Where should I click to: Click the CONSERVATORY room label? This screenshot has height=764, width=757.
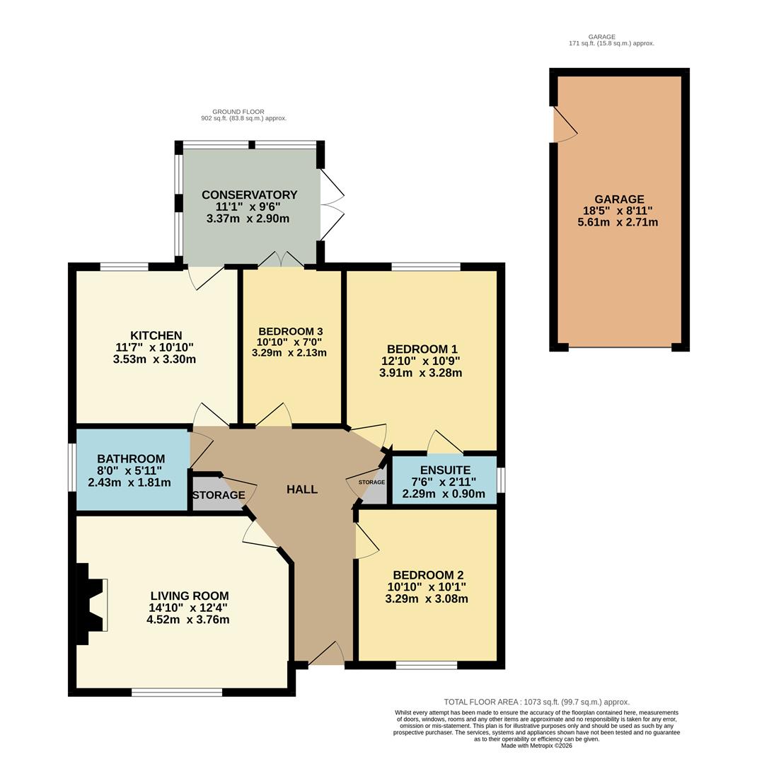tap(249, 195)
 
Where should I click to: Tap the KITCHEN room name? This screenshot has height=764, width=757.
tap(156, 335)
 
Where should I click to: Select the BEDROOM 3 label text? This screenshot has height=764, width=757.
tap(291, 331)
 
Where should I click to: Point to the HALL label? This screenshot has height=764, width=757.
tap(302, 490)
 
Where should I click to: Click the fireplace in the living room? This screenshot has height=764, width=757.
tap(93, 604)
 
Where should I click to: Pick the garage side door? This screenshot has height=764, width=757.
tap(563, 126)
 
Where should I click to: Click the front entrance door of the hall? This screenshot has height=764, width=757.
tap(326, 654)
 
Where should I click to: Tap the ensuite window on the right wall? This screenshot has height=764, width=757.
tap(501, 480)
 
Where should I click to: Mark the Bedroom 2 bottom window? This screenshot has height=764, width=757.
tap(426, 665)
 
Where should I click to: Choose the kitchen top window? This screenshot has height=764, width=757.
tap(124, 267)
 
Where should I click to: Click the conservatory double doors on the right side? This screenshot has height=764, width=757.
tap(331, 205)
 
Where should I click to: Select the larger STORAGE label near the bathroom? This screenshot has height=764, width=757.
tap(218, 495)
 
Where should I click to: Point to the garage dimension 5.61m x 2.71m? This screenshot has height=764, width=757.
tap(618, 222)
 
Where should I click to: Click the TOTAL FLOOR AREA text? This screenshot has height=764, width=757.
tap(536, 702)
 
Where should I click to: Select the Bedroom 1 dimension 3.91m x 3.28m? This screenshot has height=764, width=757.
tap(420, 372)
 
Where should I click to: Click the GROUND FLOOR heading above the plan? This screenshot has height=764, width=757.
tap(238, 112)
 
